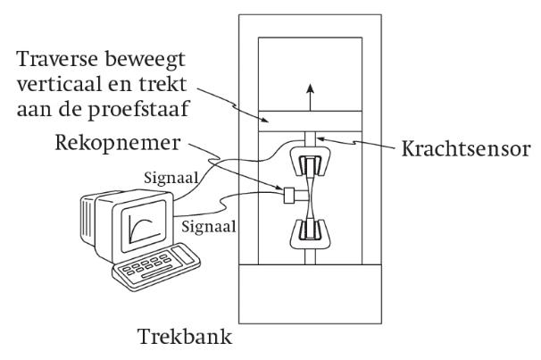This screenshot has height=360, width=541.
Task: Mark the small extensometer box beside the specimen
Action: tap(288, 195)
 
